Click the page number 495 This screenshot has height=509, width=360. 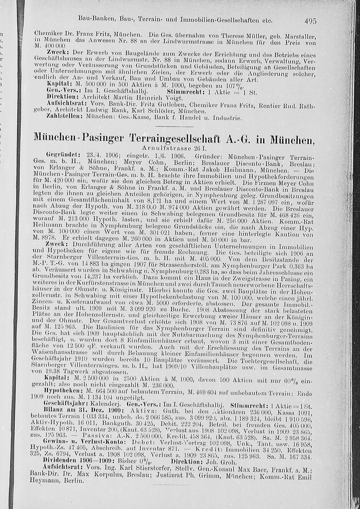[310, 21]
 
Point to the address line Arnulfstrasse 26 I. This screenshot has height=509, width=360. [176, 148]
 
